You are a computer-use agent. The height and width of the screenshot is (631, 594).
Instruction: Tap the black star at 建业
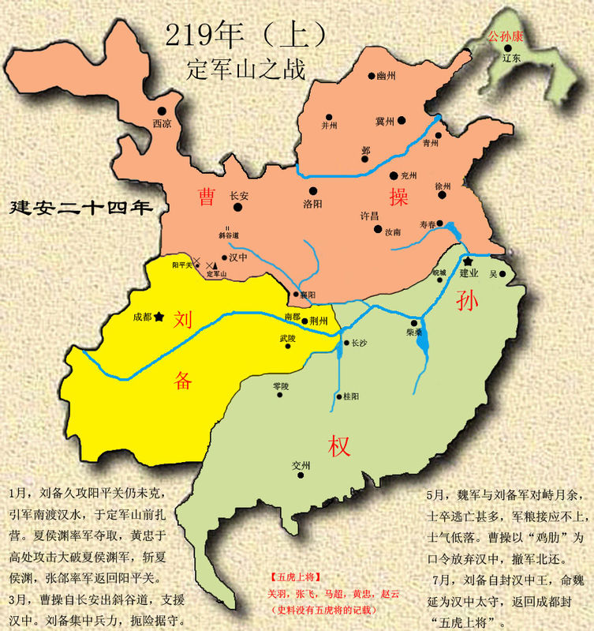click(467, 261)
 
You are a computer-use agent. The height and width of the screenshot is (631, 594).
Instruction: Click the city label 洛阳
click(313, 202)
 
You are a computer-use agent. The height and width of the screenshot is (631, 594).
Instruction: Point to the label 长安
click(239, 195)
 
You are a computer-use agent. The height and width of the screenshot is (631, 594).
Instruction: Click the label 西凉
click(161, 123)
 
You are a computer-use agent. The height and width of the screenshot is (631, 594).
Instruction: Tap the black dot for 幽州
click(372, 77)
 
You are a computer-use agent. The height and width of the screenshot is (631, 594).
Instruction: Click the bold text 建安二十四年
click(80, 208)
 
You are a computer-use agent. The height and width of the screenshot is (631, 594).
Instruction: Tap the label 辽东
click(512, 58)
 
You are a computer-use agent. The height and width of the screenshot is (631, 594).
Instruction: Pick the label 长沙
click(359, 343)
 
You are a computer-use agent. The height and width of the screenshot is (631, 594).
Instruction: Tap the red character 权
click(340, 446)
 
